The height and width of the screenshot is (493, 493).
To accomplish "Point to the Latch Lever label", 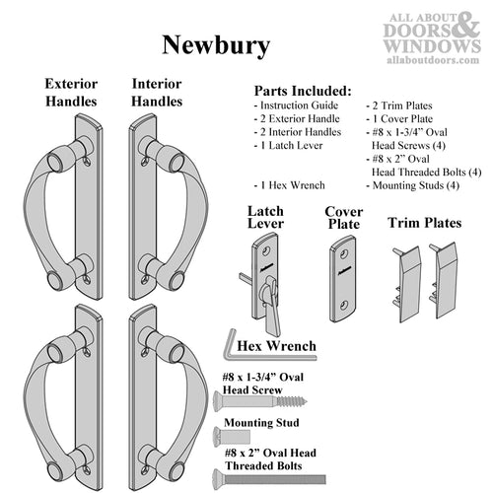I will tap(265, 217).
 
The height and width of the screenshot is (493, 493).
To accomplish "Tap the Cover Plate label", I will tap(343, 217).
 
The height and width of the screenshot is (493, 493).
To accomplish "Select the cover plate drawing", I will tap(342, 281).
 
